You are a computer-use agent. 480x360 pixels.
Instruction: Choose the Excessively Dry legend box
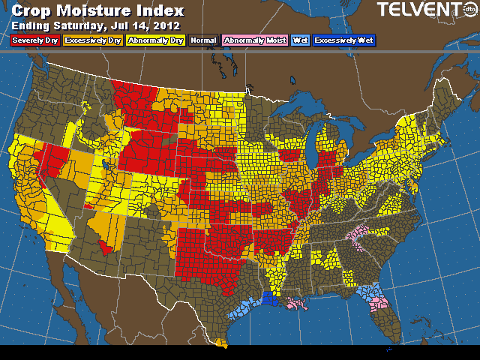[x=93, y=40]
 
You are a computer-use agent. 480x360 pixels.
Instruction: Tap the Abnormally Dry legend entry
[x=154, y=40]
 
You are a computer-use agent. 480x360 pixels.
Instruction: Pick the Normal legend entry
[x=204, y=40]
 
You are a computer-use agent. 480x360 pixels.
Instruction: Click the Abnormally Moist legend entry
[x=254, y=40]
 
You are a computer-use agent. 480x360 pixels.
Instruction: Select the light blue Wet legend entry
[x=300, y=40]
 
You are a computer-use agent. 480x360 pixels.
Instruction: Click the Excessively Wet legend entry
[x=344, y=40]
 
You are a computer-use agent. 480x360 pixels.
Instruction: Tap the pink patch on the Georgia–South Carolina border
[x=358, y=238]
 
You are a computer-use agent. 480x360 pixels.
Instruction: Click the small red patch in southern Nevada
[x=106, y=247]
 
